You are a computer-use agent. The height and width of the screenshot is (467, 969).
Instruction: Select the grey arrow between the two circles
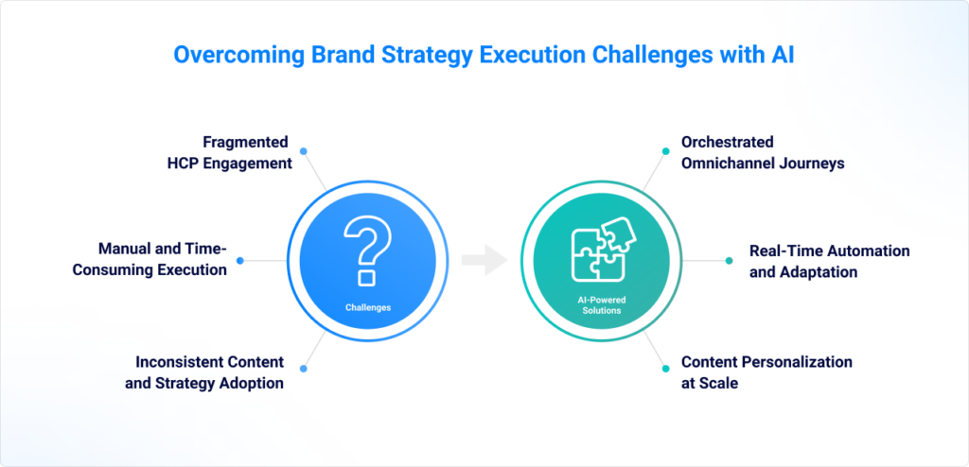coord(484,259)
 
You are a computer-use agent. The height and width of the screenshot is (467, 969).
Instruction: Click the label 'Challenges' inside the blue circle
coord(368,307)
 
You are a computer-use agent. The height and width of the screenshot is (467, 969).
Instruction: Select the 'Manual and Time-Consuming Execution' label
coord(150,259)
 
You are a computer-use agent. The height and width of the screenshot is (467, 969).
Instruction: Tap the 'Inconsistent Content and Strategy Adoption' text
coord(204,372)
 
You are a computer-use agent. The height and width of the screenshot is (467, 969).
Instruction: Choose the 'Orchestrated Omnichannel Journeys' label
coord(763,152)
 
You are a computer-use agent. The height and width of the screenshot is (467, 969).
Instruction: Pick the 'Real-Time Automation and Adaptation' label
coord(829,261)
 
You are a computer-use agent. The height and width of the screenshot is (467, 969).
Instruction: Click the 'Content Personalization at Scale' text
coord(766,372)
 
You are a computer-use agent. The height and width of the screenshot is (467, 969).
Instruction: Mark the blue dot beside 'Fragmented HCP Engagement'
coord(303,151)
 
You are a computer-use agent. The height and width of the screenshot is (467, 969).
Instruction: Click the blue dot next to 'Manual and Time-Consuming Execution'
coord(240,261)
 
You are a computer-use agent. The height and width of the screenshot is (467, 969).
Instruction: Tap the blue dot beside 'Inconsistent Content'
coord(303,369)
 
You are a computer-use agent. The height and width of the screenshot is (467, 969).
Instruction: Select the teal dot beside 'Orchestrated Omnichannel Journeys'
coord(665,151)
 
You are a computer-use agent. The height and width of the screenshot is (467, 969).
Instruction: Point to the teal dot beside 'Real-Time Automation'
coord(730,261)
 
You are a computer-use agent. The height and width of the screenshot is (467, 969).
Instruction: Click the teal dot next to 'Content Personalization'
coord(665,369)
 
